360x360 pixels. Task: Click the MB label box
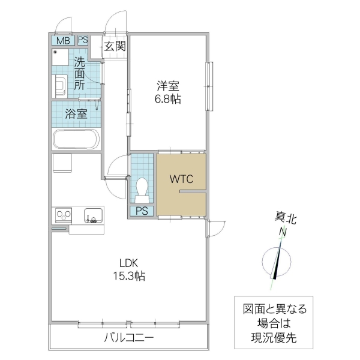tap(63, 41)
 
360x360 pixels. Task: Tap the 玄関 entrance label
tap(115, 46)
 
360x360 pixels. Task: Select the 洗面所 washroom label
tap(79, 73)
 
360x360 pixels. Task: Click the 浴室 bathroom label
tap(76, 114)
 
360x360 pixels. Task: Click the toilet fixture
tap(143, 189)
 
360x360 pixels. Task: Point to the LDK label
tap(128, 263)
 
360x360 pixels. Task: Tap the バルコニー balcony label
tap(128, 338)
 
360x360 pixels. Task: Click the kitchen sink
tap(93, 215)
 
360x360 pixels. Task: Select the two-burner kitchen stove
tap(63, 215)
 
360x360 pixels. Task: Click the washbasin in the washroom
tap(60, 85)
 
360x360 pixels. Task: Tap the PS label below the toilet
tap(142, 211)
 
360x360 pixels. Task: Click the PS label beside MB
tap(83, 41)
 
